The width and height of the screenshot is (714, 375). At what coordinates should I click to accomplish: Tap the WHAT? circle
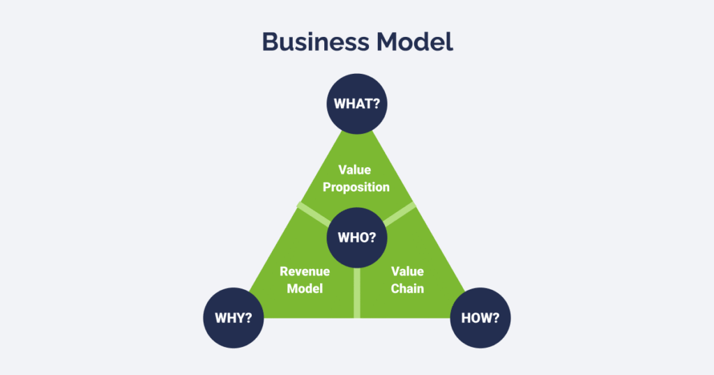[x=357, y=105]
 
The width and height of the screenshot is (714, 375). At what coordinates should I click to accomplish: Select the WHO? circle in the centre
[x=357, y=238]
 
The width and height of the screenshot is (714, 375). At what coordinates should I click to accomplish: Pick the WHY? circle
[x=234, y=319]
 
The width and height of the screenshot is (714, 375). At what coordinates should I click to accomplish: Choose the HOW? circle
[x=480, y=319]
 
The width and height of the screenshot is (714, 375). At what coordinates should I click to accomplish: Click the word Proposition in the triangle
[x=356, y=187]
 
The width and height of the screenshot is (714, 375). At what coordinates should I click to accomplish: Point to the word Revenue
[x=305, y=271]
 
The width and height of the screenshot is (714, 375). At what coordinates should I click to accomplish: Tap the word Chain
[x=407, y=288]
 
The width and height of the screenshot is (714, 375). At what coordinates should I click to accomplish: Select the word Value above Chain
[x=407, y=271]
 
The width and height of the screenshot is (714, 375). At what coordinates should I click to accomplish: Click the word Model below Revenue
[x=305, y=288]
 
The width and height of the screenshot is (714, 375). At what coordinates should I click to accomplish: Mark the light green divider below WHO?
[x=357, y=293]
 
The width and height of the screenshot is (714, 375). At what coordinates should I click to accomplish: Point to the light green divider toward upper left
[x=313, y=213]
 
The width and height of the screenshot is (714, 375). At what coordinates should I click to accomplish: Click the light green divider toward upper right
[x=400, y=214]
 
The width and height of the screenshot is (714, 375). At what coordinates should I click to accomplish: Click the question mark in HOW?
[x=496, y=319]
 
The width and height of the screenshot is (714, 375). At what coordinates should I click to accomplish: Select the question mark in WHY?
[x=249, y=319]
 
